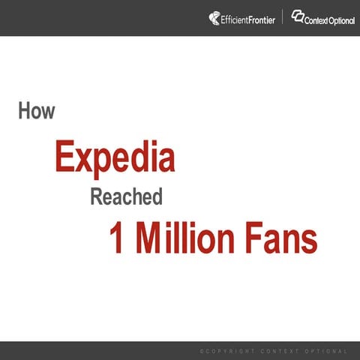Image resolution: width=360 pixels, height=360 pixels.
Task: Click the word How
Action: pos(37,111)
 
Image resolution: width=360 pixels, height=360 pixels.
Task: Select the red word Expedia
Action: pos(115,158)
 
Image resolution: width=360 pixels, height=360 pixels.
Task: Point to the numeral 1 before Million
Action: pos(116,238)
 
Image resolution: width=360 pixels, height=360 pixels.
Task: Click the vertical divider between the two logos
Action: pos(283,16)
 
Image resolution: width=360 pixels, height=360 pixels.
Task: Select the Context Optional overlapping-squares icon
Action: pos(298,16)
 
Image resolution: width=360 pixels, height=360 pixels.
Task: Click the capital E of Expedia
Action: pos(64,158)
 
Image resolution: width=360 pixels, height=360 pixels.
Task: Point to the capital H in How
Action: pos(24,111)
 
